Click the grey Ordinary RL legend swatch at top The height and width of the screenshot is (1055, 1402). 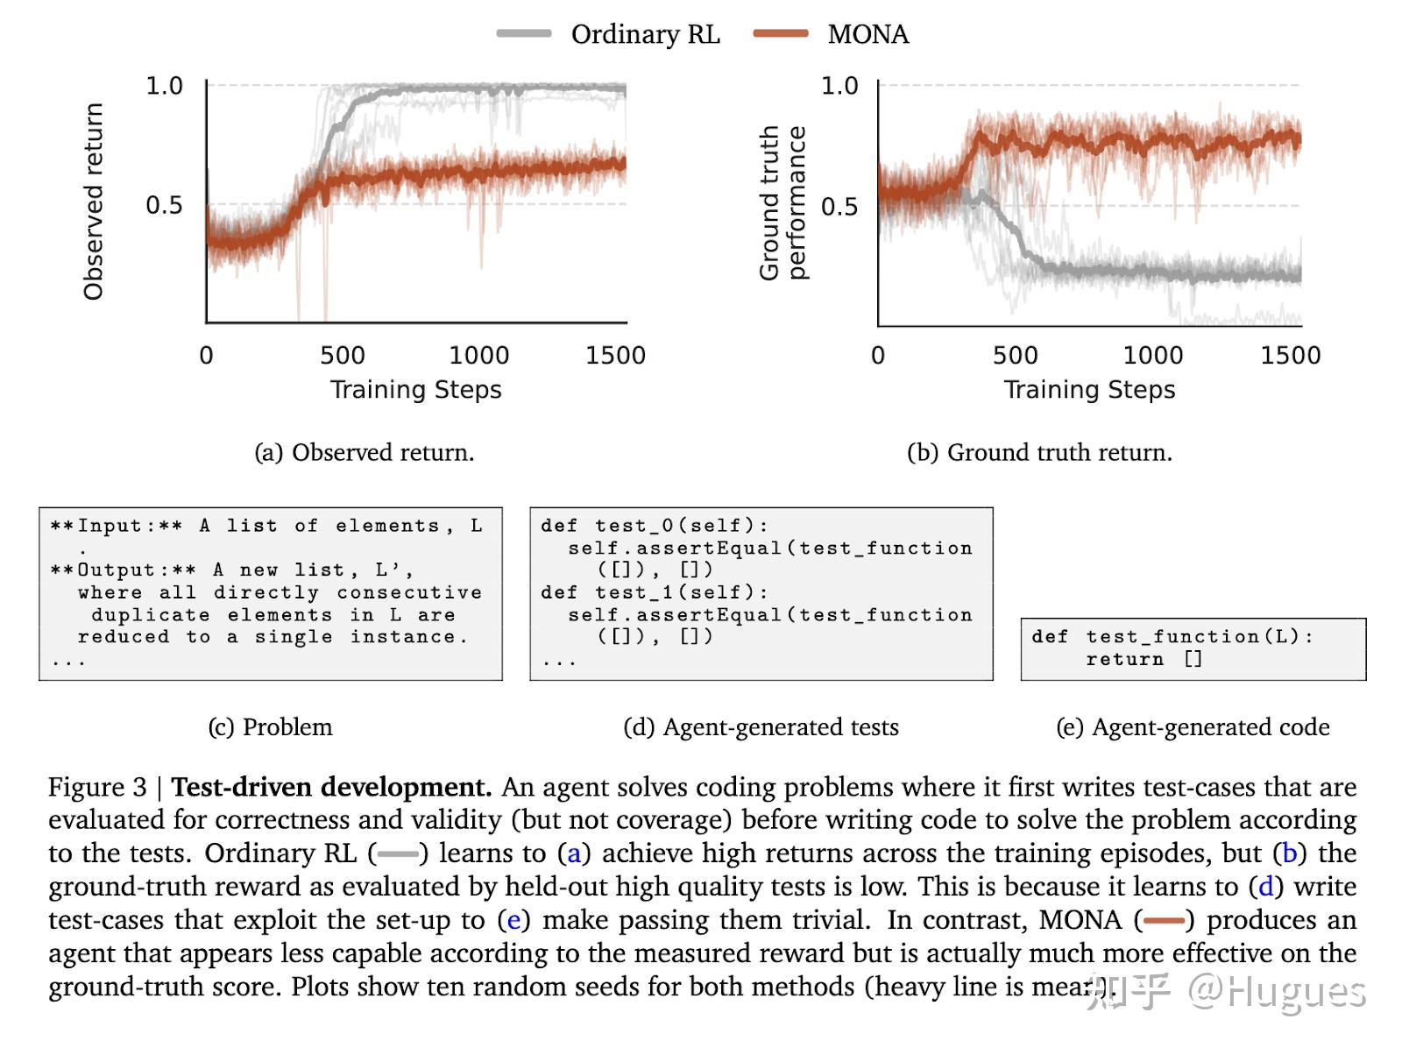(x=524, y=33)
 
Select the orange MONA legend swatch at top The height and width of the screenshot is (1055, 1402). (x=781, y=33)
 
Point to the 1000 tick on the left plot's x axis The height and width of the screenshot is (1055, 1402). (x=479, y=355)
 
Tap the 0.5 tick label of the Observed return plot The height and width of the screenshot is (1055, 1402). (x=164, y=205)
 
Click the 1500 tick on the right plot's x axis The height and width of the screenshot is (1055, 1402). (x=1290, y=355)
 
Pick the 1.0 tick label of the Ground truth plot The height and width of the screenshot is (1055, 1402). (x=839, y=86)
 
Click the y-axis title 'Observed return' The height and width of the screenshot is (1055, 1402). (x=93, y=202)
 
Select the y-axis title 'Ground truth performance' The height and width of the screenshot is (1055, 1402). (x=783, y=202)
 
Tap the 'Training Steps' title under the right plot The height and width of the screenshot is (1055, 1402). (x=1090, y=390)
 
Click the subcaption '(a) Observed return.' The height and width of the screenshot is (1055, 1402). (x=364, y=452)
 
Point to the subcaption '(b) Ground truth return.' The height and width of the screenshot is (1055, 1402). (x=1040, y=452)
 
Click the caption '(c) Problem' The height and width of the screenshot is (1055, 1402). (x=270, y=726)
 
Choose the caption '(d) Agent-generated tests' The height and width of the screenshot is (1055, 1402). (x=761, y=726)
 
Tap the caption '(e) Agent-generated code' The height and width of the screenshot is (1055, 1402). (x=1193, y=726)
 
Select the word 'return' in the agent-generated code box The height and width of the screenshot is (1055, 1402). (x=1125, y=658)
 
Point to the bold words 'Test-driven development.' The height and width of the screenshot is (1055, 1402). (x=331, y=787)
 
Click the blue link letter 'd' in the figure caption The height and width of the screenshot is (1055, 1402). (x=1265, y=887)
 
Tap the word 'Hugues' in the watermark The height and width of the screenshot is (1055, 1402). (x=1297, y=992)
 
